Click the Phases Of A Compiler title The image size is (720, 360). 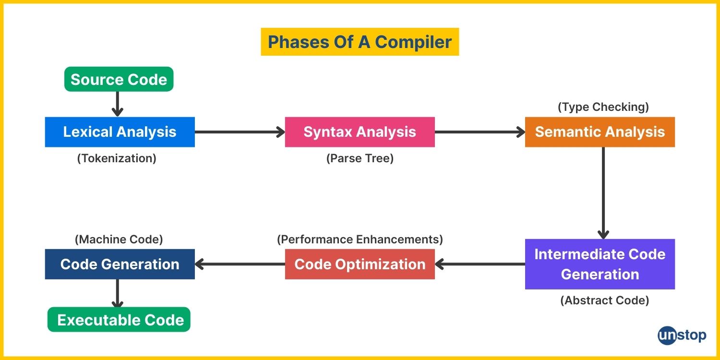(x=360, y=42)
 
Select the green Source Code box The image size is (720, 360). (x=119, y=79)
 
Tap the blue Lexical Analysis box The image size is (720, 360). (x=120, y=132)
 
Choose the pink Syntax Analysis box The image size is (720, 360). (x=360, y=132)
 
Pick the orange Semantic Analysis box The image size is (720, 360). (x=600, y=132)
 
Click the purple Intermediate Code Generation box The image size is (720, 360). (x=600, y=264)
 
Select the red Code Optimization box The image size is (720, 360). (x=360, y=264)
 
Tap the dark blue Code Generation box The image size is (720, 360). (x=120, y=264)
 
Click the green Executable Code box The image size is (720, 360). (x=119, y=320)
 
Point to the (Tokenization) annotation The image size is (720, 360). (x=117, y=158)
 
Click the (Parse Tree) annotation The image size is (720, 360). (x=360, y=158)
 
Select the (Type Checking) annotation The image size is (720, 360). (x=603, y=107)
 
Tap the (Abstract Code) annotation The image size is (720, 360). (x=605, y=300)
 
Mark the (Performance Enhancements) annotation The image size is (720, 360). (x=360, y=239)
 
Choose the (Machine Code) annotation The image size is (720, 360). (x=119, y=239)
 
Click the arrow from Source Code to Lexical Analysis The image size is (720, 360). (x=117, y=104)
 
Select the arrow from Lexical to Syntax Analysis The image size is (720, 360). (x=240, y=132)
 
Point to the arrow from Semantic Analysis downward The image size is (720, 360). (x=603, y=193)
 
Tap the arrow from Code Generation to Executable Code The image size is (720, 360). (x=117, y=293)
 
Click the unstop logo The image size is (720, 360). (x=682, y=336)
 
